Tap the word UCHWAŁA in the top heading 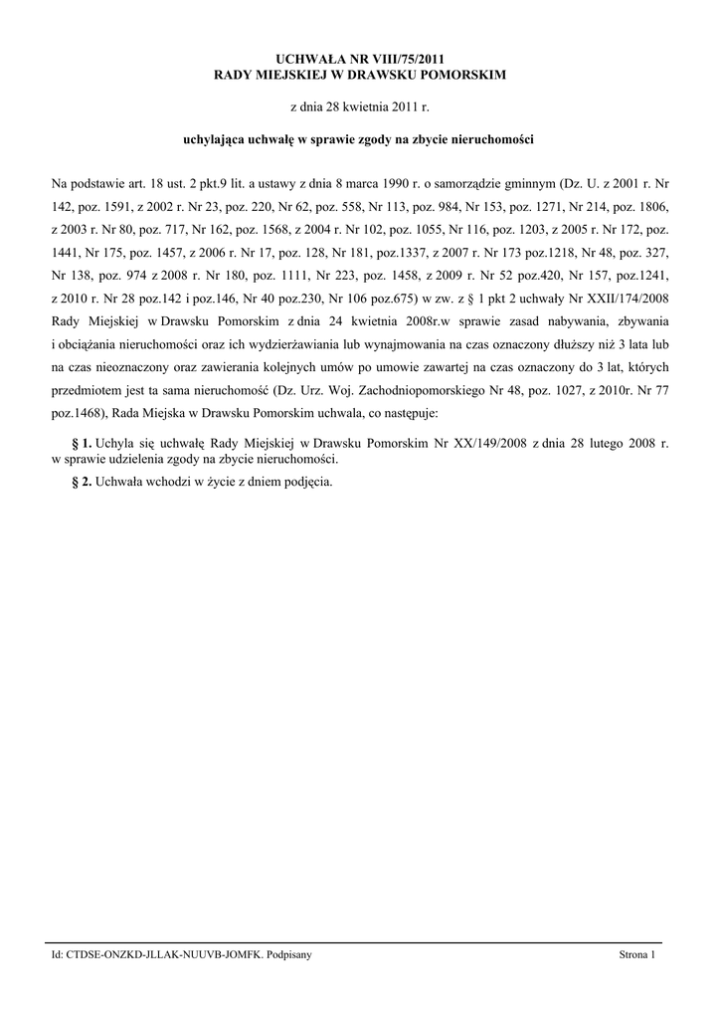point(303,60)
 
